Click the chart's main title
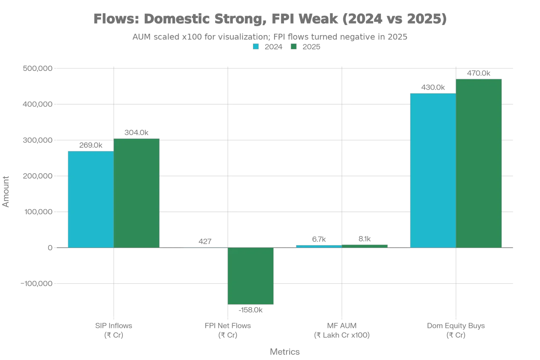point(270,19)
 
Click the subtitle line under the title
point(270,36)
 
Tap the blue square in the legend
point(255,47)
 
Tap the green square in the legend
point(293,47)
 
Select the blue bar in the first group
point(91,199)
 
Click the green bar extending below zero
point(251,276)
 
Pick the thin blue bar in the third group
point(319,246)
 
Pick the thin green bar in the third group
point(365,246)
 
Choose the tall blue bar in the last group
point(433,170)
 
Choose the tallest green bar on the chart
point(479,163)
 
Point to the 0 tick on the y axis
point(50,248)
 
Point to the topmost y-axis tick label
point(37,69)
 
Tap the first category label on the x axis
point(113,330)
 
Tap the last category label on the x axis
point(456,330)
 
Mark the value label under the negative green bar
point(251,310)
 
